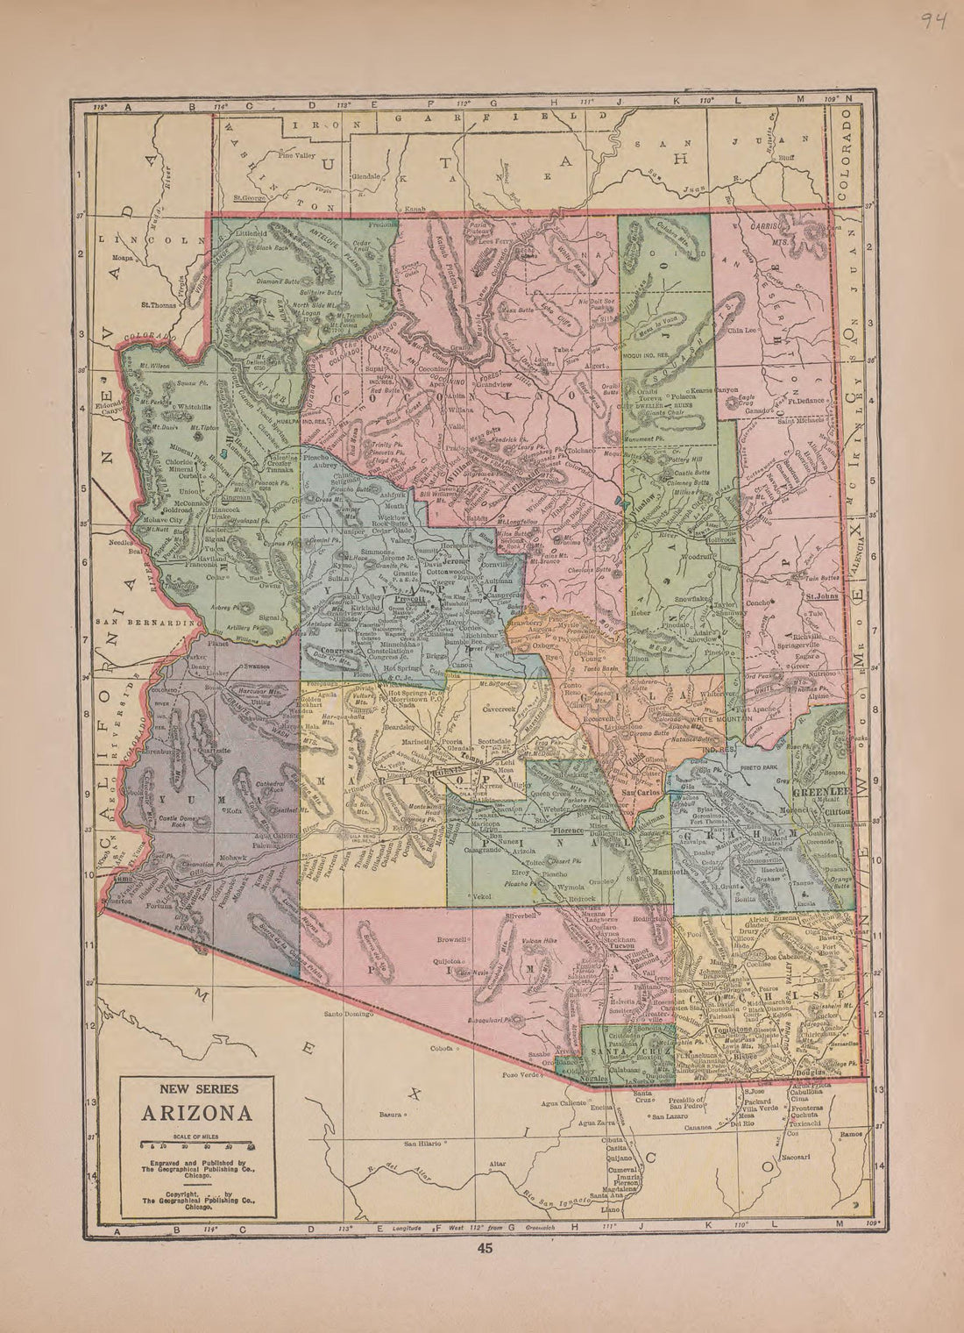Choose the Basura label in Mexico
click(x=390, y=1115)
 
